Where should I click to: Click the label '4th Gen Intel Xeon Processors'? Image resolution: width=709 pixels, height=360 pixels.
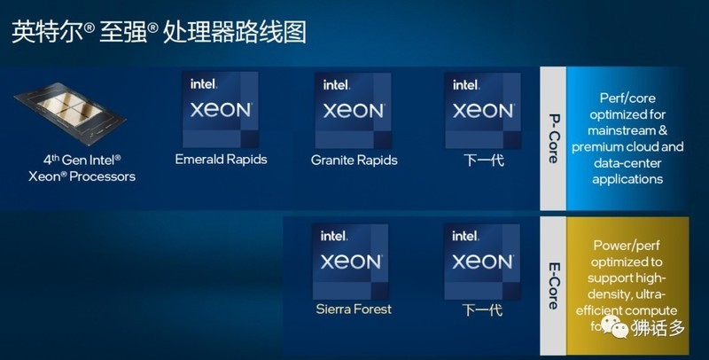pyautogui.click(x=82, y=168)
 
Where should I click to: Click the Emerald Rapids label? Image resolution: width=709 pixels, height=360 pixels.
pyautogui.click(x=222, y=160)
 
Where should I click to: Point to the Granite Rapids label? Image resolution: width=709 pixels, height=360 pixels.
pyautogui.click(x=354, y=160)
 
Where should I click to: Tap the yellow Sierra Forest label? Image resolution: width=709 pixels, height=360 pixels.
pyautogui.click(x=353, y=309)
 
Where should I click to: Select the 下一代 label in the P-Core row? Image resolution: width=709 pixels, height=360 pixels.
pyautogui.click(x=483, y=160)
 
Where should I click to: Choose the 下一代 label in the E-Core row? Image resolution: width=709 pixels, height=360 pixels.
pyautogui.click(x=483, y=310)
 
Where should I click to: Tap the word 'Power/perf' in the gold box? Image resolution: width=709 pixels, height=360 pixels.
pyautogui.click(x=626, y=246)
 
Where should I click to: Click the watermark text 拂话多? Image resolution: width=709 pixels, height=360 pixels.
pyautogui.click(x=659, y=330)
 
